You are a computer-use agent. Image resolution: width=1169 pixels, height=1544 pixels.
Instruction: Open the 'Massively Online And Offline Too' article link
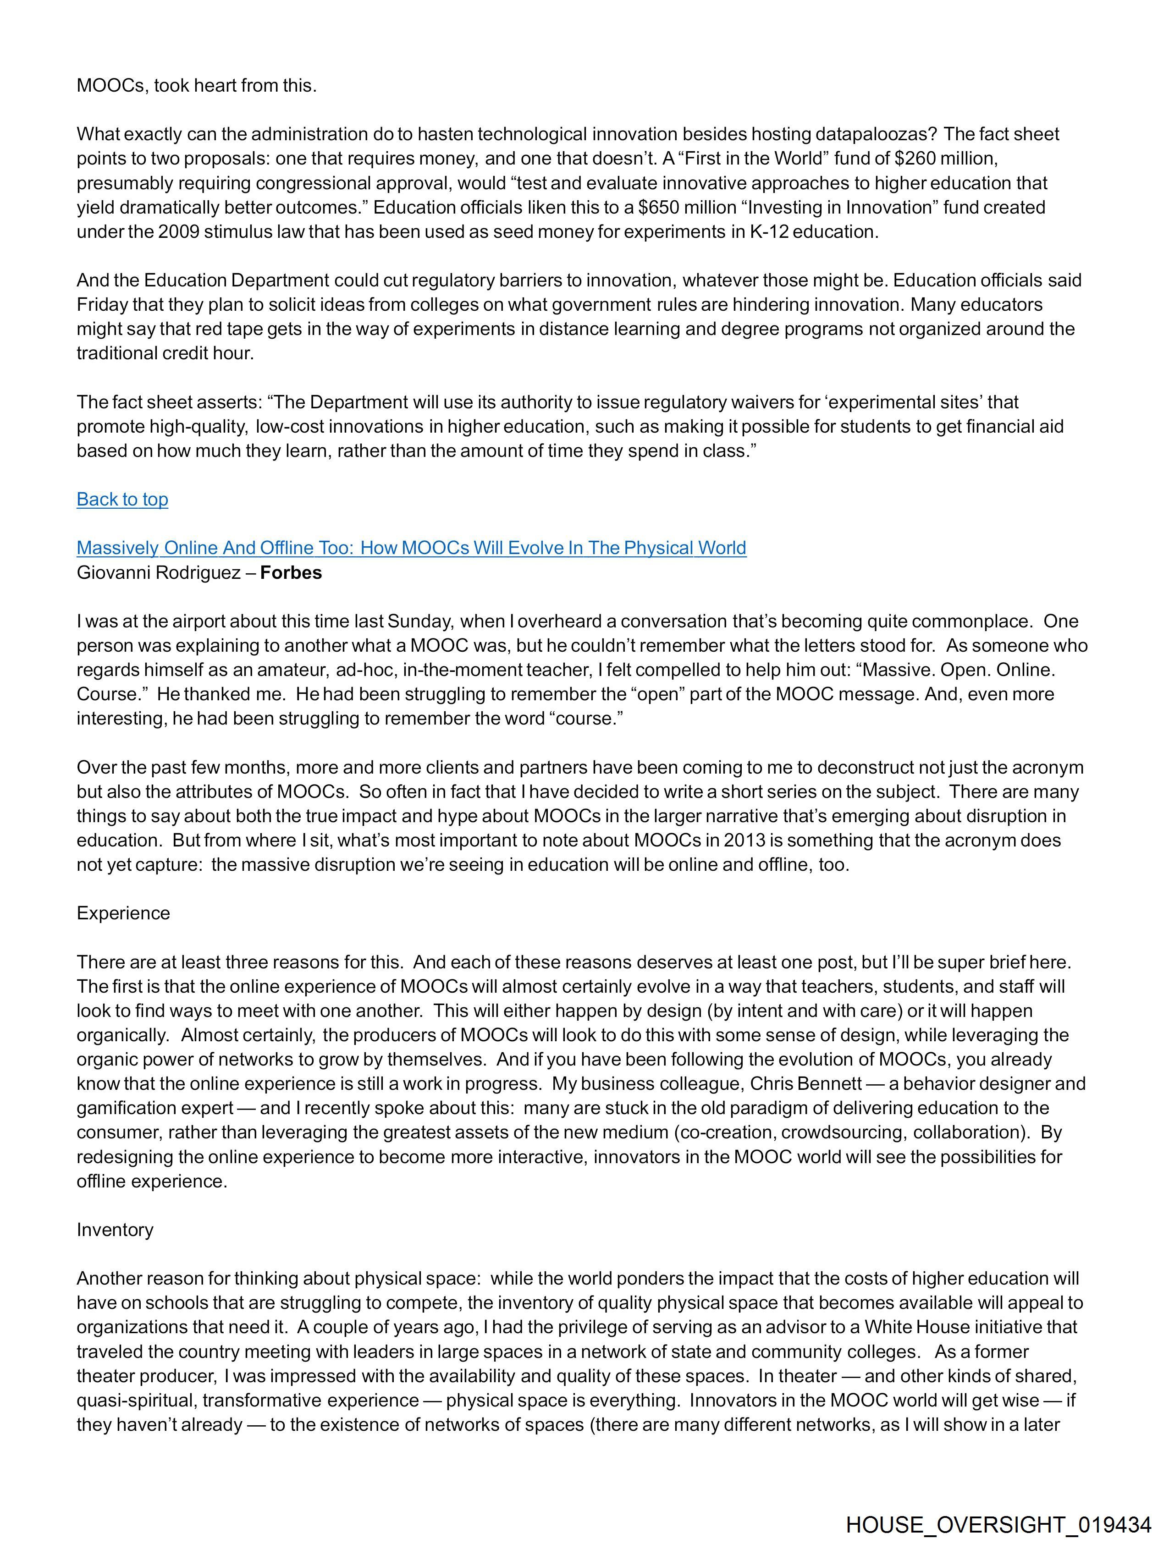[x=411, y=548]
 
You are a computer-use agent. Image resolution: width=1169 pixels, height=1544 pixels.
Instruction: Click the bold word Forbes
[x=291, y=572]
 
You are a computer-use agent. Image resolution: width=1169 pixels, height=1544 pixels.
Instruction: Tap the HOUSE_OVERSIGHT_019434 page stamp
[x=998, y=1524]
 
